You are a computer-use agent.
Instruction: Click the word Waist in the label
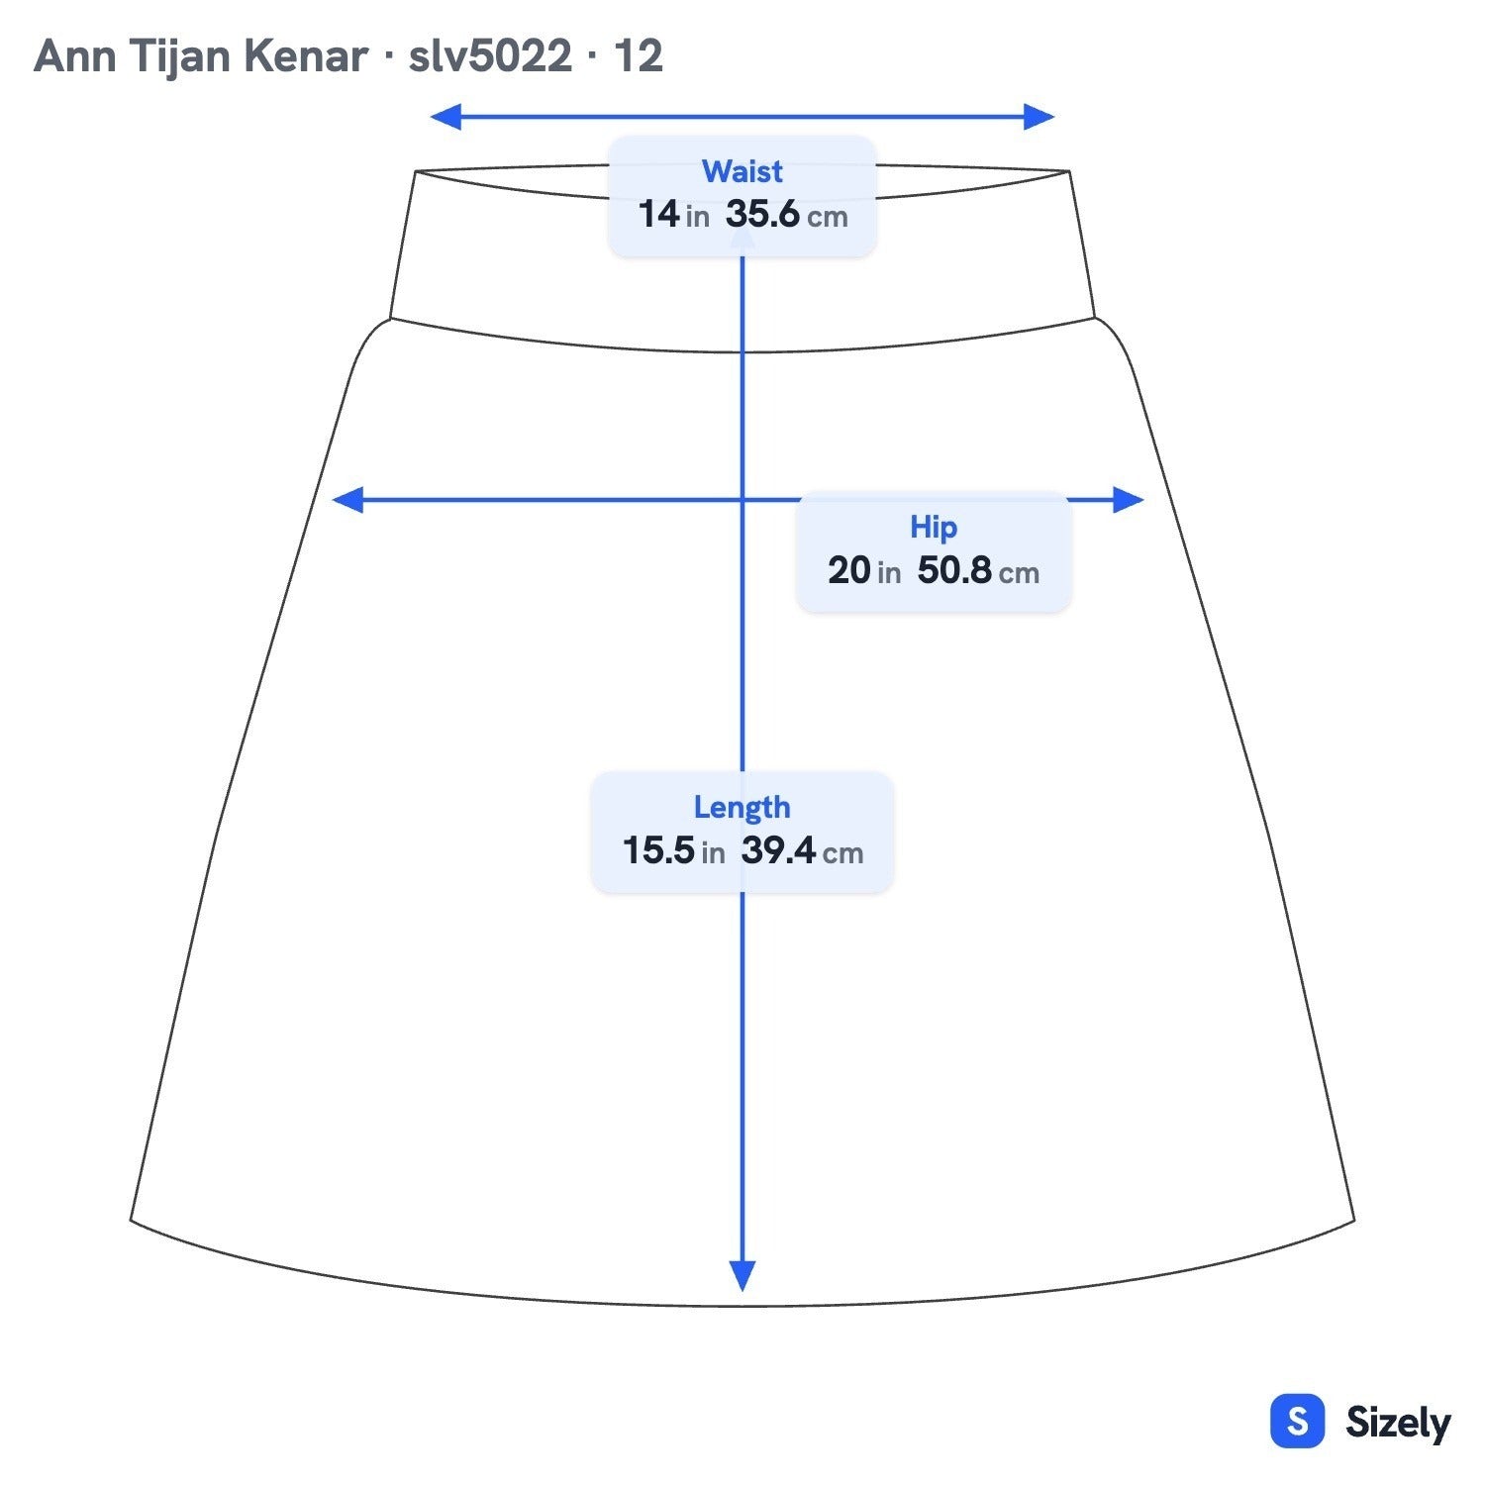click(742, 171)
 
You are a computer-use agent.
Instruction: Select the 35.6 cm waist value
click(787, 214)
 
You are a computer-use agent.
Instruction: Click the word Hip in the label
click(934, 528)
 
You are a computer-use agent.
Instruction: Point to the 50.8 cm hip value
click(978, 570)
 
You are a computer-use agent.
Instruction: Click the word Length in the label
click(742, 808)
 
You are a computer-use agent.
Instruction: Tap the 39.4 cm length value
click(802, 850)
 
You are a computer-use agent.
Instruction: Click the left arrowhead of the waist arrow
click(445, 117)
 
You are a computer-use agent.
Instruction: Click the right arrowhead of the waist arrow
click(1039, 117)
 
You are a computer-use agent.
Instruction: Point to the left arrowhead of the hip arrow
click(347, 500)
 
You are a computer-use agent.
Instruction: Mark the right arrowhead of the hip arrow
click(1129, 500)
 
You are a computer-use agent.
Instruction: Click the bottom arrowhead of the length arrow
click(742, 1276)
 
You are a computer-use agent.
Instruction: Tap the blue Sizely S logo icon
click(1297, 1422)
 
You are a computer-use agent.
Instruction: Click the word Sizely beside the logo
click(1398, 1423)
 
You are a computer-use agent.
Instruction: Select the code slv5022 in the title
click(490, 56)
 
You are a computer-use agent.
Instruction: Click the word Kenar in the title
click(306, 56)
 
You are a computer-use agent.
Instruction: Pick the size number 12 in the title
click(639, 56)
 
